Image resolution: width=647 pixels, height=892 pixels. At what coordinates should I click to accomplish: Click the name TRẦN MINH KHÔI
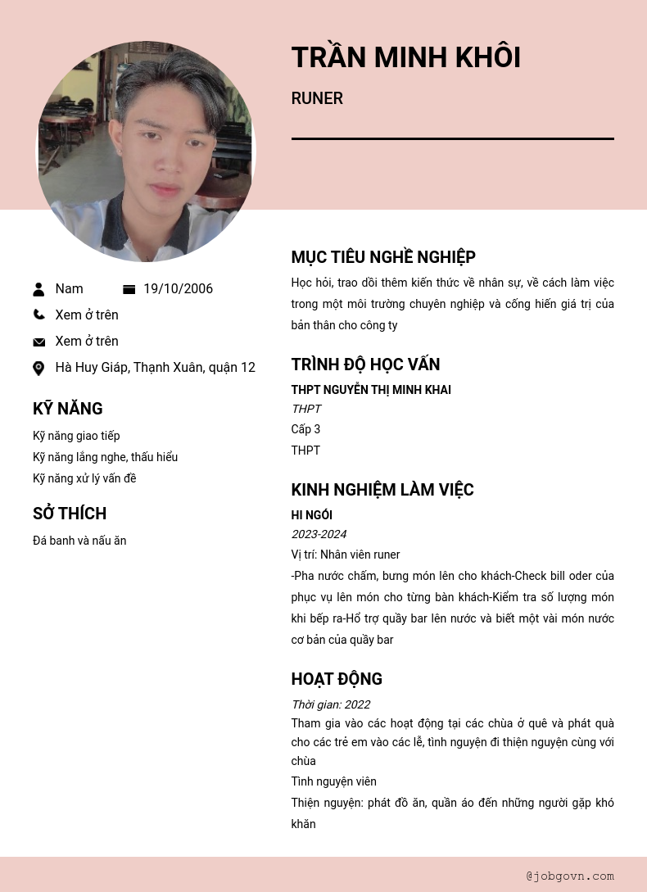click(x=405, y=57)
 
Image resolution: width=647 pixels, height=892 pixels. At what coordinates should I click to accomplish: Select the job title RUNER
click(x=317, y=98)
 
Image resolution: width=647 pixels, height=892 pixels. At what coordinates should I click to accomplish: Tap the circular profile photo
click(x=146, y=152)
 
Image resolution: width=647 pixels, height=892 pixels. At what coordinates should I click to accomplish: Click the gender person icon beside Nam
click(x=38, y=289)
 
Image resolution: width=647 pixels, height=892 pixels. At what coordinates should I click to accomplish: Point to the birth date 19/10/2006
click(x=178, y=289)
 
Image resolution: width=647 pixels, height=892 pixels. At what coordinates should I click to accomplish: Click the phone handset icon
click(x=38, y=315)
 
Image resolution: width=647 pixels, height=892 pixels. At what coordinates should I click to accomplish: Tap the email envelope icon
click(x=38, y=342)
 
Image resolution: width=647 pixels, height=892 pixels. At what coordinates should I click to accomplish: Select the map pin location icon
click(x=38, y=368)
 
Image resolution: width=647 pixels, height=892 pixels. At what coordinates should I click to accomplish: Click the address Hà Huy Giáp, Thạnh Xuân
click(x=155, y=368)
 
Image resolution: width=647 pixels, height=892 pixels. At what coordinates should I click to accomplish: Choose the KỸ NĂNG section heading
click(x=68, y=409)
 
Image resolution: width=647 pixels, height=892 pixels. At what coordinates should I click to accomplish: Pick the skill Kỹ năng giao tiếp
click(x=76, y=436)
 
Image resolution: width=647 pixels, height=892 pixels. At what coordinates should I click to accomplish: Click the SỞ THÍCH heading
click(x=70, y=514)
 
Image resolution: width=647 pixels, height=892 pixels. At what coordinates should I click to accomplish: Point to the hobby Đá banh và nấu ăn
click(x=79, y=541)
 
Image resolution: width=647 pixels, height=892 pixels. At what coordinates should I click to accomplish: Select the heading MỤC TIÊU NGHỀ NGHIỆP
click(x=383, y=257)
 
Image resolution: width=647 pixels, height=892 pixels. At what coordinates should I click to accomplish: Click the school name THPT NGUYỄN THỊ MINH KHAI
click(x=371, y=390)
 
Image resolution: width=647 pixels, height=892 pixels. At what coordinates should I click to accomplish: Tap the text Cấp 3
click(x=305, y=429)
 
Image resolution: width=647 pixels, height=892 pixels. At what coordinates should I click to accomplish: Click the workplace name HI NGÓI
click(x=311, y=515)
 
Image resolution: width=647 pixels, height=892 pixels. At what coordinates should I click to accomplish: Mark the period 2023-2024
click(x=319, y=534)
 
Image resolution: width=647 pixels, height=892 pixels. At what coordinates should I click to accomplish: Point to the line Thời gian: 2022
click(x=330, y=704)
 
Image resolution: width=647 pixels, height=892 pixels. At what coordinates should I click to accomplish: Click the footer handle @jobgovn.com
click(x=570, y=876)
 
